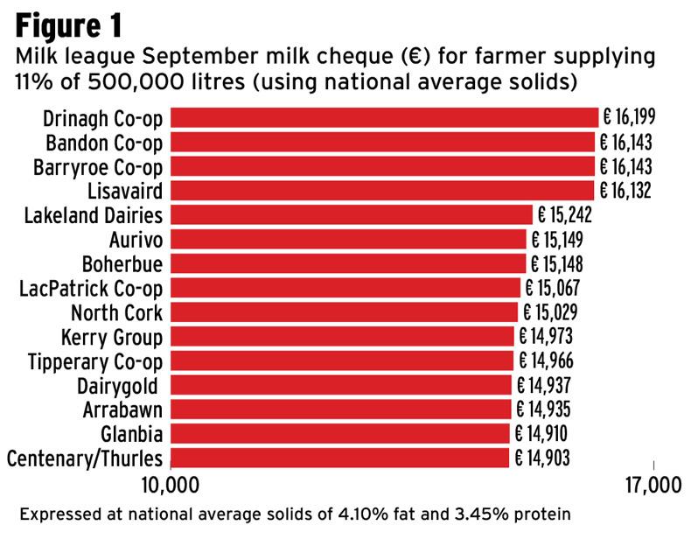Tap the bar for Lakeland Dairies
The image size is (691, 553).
(x=351, y=215)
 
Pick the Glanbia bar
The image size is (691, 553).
(x=339, y=433)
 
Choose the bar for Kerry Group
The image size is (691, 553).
(x=341, y=336)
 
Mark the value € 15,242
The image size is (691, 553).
(x=564, y=215)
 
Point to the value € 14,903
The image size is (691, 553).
(x=541, y=458)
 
